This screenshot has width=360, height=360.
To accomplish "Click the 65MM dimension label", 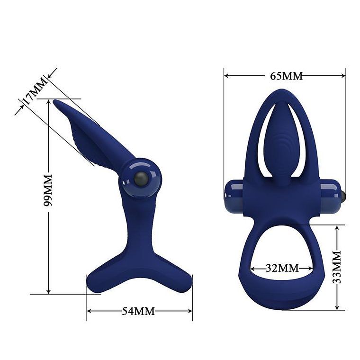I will [286, 76].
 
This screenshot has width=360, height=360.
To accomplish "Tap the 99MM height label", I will [47, 189].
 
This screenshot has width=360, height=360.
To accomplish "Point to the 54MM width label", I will [139, 311].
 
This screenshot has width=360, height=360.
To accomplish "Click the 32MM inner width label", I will [282, 268].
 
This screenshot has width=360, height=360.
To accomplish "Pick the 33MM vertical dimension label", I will [337, 268].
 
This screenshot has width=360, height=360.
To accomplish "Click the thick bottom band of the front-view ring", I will [283, 296].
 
